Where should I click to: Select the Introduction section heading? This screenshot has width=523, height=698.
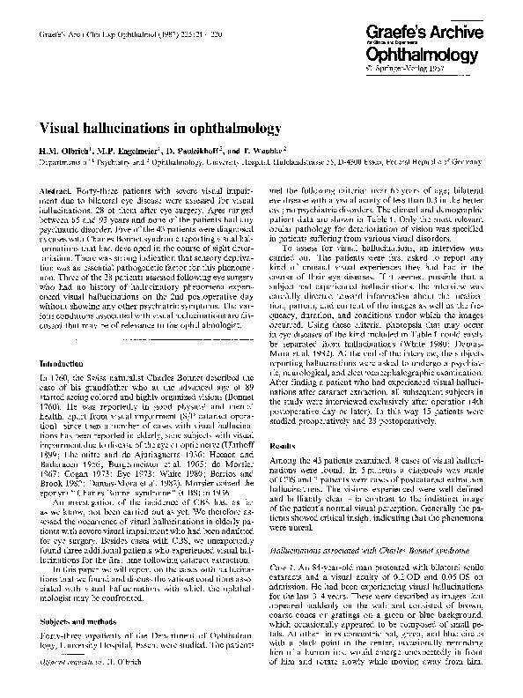65,364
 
